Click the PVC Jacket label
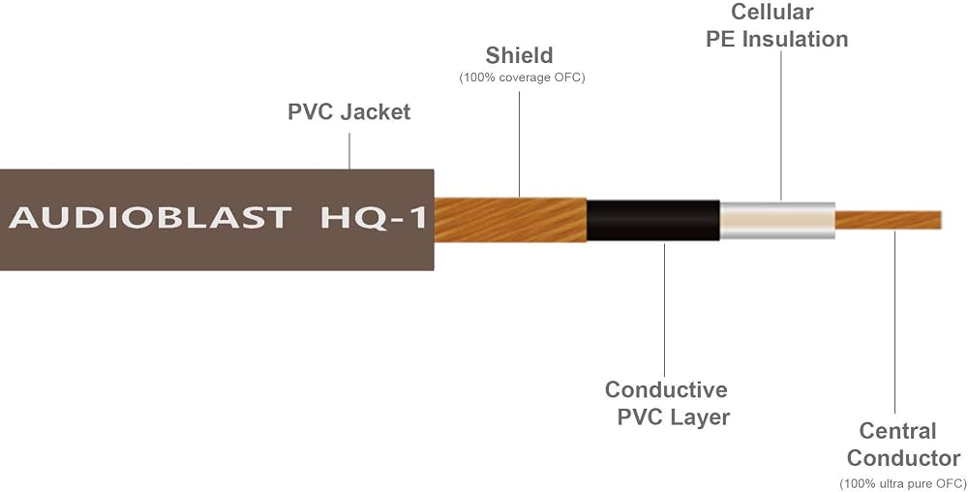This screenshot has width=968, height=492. point(348,111)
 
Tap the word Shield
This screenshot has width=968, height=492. point(519,55)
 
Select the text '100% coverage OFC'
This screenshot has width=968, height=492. point(522,78)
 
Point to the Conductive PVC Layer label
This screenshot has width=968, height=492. point(667,403)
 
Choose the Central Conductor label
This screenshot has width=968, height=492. point(903,445)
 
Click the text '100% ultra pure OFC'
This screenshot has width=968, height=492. point(903,482)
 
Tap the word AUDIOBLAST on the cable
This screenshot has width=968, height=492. point(150,218)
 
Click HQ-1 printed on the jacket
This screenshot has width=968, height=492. point(374,218)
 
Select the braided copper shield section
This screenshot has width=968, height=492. point(510,220)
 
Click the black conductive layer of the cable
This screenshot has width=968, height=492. point(653,221)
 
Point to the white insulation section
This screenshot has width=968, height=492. point(778,221)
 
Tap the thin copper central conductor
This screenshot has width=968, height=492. point(889,221)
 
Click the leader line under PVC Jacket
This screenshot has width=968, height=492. point(349,151)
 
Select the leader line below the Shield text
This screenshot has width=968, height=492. point(519,144)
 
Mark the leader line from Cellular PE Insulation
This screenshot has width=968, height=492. point(781,126)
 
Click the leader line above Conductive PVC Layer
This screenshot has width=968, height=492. point(665,310)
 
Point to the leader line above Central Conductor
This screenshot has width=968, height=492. point(895,323)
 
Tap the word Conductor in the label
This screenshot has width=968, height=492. point(903,458)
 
